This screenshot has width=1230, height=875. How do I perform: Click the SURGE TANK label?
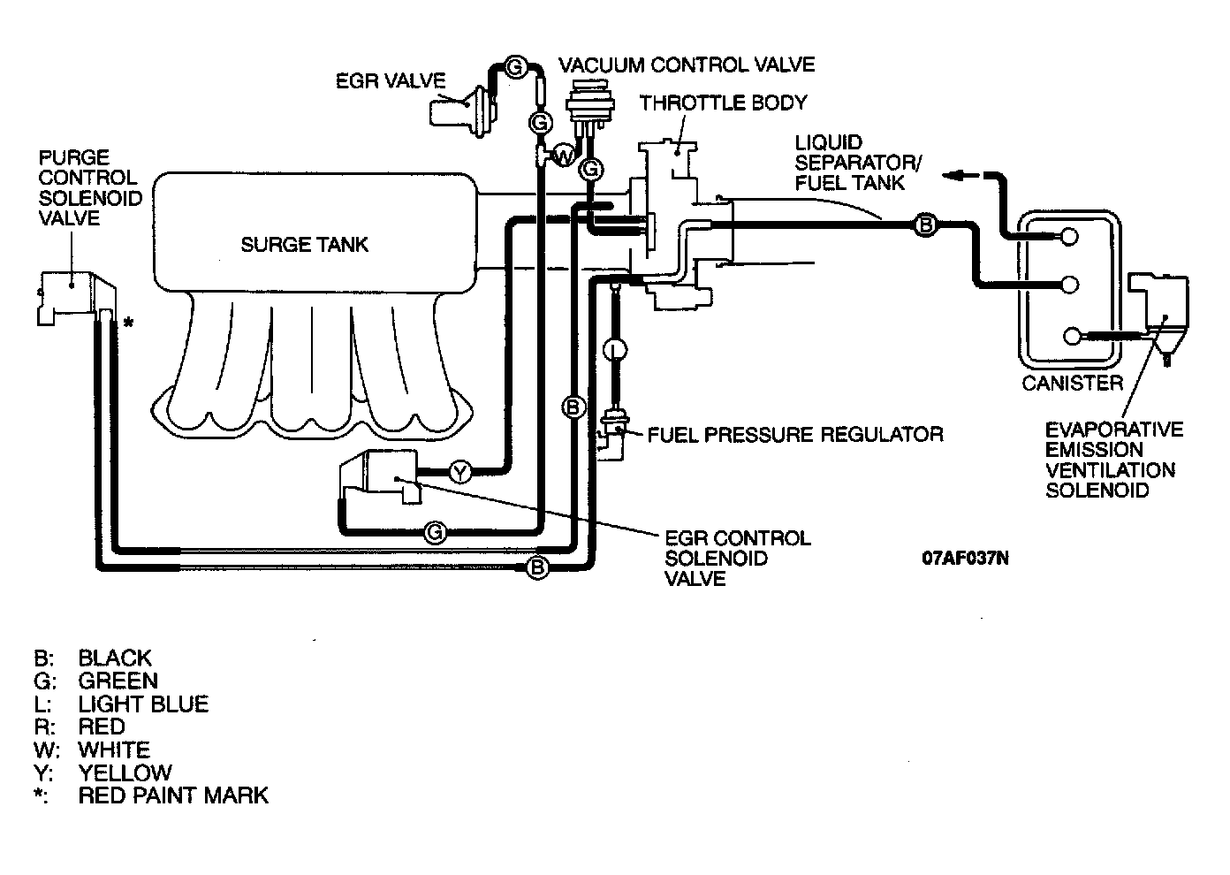304,245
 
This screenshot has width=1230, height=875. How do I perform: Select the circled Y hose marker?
460,472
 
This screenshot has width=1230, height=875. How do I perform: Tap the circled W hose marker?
564,156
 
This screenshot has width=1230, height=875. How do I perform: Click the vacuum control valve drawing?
589,109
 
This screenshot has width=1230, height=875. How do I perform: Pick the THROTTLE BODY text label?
723,103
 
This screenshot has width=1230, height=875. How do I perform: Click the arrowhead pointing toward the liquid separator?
953,176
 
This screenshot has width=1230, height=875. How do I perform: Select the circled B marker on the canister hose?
926,224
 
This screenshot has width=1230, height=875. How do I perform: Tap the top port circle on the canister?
1069,237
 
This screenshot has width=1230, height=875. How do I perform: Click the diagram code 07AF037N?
965,558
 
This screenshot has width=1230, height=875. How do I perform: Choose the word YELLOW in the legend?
125,772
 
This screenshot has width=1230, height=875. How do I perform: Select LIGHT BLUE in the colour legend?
143,704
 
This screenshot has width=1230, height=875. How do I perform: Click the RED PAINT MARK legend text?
173,795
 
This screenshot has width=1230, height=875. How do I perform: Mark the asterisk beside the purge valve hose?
128,323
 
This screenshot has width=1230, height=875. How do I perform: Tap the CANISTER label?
1073,383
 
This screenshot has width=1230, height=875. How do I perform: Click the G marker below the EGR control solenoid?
435,532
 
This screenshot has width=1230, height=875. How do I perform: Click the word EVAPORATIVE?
1114,429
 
